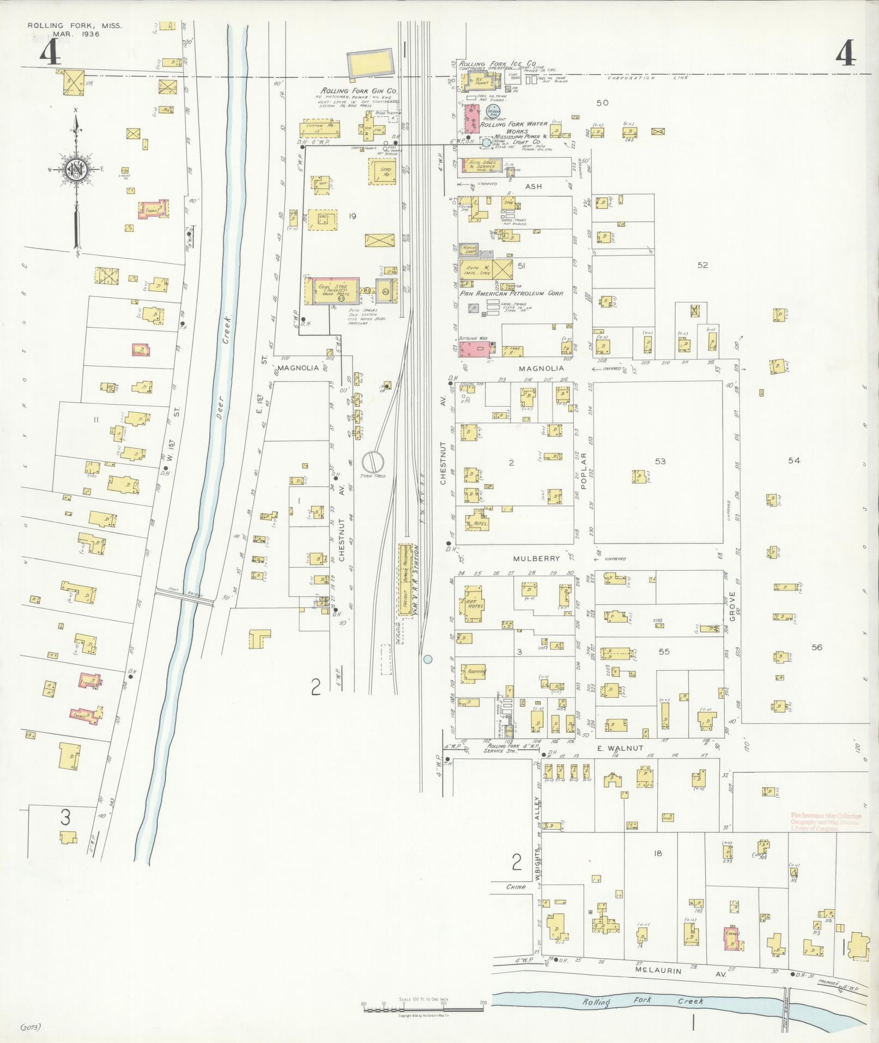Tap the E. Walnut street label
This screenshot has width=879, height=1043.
pos(619,748)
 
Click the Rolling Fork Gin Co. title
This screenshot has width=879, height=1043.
pos(358,91)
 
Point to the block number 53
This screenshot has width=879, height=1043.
pos(660,461)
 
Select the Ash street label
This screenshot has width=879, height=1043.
pos(533,186)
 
